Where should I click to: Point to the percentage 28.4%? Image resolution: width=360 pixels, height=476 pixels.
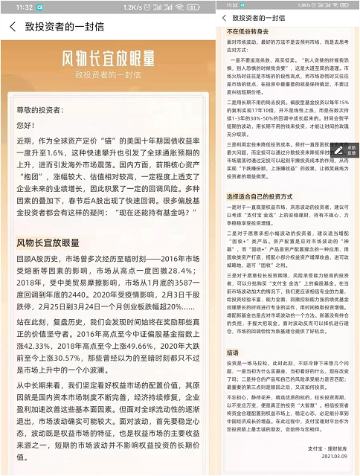pos(174,271)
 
